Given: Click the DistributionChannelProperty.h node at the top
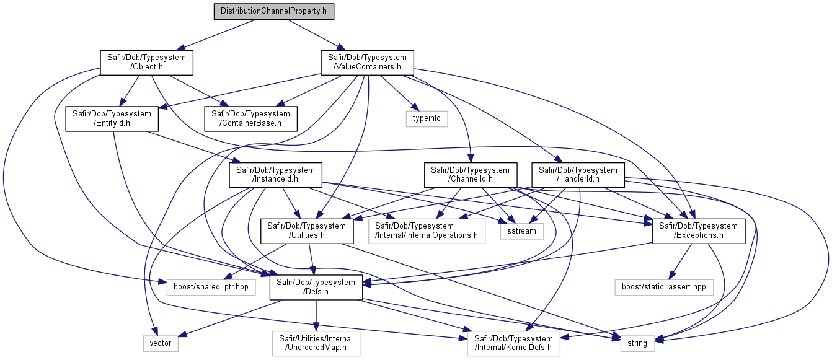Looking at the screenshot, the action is [x=274, y=11].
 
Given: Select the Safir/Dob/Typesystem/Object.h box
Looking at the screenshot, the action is [x=147, y=63].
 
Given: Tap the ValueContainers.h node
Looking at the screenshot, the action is [x=368, y=63].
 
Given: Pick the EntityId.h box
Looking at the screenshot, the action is [x=112, y=119].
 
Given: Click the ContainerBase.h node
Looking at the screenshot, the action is [x=250, y=119].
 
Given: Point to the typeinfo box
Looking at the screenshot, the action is [x=427, y=119].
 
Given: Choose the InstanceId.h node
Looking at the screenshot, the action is [x=276, y=175].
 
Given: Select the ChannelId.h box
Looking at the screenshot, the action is [x=471, y=175].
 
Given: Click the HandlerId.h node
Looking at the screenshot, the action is [x=578, y=175].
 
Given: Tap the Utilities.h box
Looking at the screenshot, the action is [x=307, y=231].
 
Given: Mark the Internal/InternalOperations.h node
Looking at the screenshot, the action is [x=427, y=231].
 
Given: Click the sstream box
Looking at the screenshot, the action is [x=522, y=231].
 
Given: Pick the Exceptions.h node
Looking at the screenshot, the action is [x=699, y=231].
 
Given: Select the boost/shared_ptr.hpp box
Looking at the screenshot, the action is [x=211, y=288].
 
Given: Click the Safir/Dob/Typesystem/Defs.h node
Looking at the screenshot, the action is [x=316, y=288].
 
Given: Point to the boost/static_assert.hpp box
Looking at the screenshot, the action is [x=664, y=288].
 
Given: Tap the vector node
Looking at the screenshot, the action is [x=161, y=343].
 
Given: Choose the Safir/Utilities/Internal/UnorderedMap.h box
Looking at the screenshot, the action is [x=316, y=343].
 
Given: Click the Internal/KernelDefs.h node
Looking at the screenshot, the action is [x=514, y=343].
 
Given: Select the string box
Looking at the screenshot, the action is [x=637, y=343].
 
